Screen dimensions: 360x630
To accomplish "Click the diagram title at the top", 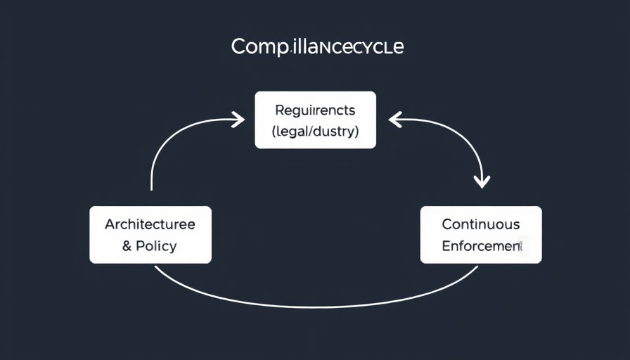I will pyautogui.click(x=317, y=48).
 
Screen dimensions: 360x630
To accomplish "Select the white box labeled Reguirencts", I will pyautogui.click(x=315, y=120).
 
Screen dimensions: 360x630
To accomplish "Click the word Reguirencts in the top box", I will pyautogui.click(x=315, y=110).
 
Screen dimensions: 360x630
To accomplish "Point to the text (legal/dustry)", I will pyautogui.click(x=315, y=131).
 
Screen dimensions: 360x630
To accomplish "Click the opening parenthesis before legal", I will pyautogui.click(x=274, y=131).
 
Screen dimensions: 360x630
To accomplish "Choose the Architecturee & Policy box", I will pyautogui.click(x=150, y=235).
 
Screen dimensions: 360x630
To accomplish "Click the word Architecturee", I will pyautogui.click(x=150, y=224).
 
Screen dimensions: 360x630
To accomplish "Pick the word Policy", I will pyautogui.click(x=156, y=246).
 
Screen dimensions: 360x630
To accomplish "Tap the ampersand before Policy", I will pyautogui.click(x=127, y=246).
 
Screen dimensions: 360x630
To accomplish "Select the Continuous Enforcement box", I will pyautogui.click(x=481, y=235).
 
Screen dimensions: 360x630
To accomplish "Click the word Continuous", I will pyautogui.click(x=481, y=224).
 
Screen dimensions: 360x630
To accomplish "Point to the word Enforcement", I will pyautogui.click(x=481, y=246).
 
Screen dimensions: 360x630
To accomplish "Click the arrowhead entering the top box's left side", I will pyautogui.click(x=238, y=120).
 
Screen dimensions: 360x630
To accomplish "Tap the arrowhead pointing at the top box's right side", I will pyautogui.click(x=394, y=120).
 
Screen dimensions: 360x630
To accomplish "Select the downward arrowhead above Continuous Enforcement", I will pyautogui.click(x=481, y=182).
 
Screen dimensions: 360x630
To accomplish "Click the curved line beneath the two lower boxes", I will pyautogui.click(x=316, y=306).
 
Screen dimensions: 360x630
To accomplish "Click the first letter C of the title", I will pyautogui.click(x=238, y=48).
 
